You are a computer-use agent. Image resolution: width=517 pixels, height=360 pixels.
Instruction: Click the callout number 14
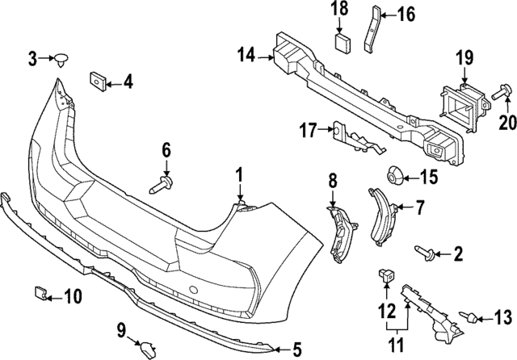coord(246,55)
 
